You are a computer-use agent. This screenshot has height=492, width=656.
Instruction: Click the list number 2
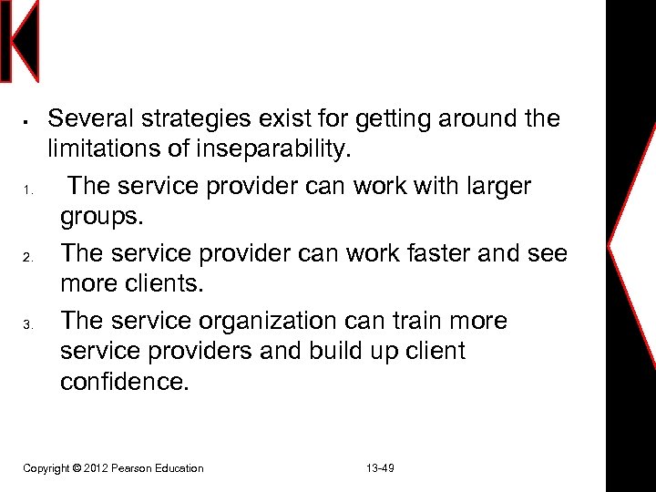pyautogui.click(x=28, y=258)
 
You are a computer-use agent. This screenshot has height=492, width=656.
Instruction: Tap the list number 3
pyautogui.click(x=28, y=325)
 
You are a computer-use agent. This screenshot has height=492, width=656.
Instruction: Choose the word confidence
pyautogui.click(x=125, y=381)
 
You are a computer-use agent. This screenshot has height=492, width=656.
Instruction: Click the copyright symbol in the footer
pyautogui.click(x=77, y=468)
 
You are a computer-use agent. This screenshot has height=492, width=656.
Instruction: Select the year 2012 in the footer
pyautogui.click(x=97, y=468)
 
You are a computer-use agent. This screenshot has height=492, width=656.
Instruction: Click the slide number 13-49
pyautogui.click(x=380, y=468)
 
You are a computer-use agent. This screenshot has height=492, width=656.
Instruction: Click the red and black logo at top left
pyautogui.click(x=19, y=41)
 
